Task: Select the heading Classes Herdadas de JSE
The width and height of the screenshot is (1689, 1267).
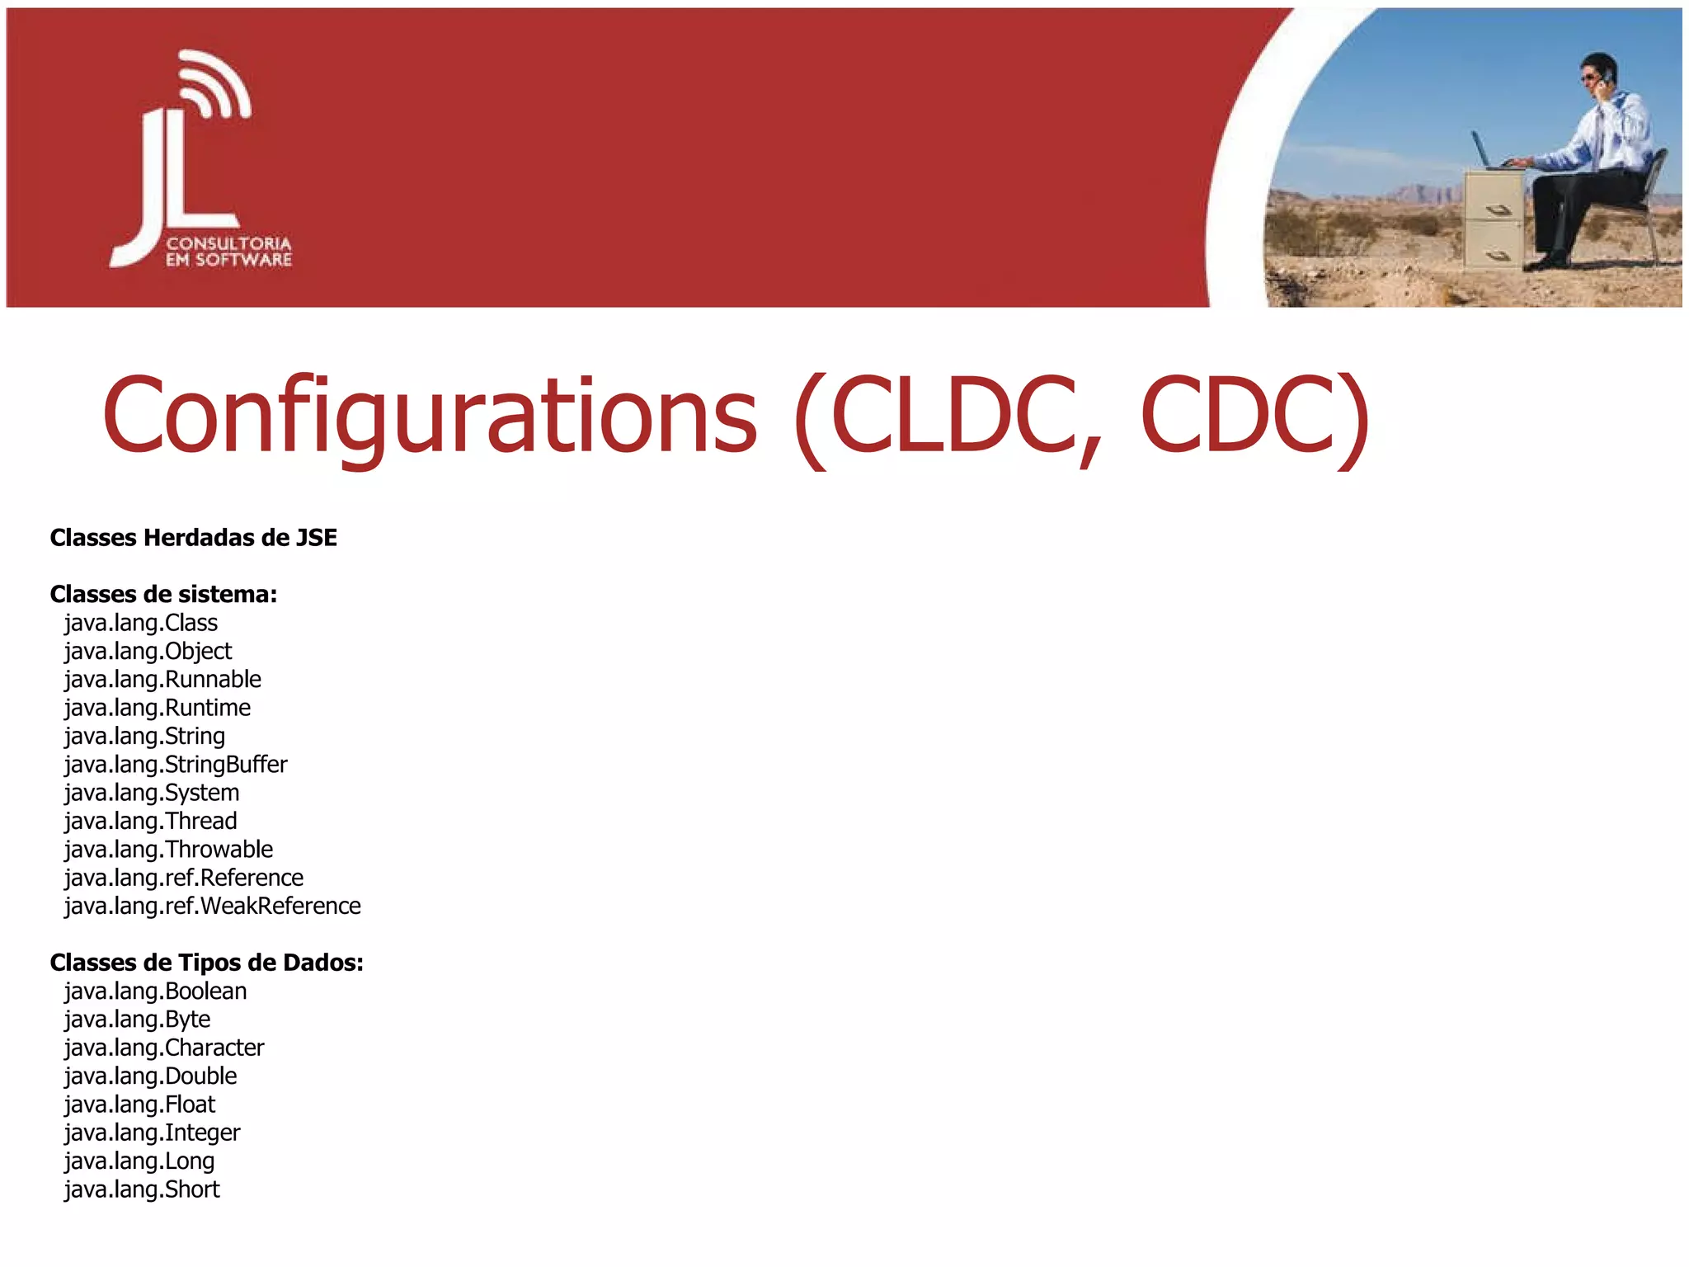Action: click(x=194, y=538)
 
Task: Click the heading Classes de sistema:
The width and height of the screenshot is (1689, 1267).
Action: click(x=163, y=594)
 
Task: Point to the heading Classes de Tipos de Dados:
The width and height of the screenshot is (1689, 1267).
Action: click(x=206, y=963)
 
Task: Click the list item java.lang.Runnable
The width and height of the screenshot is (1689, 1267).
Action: click(x=162, y=680)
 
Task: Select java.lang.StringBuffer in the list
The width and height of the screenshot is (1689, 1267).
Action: click(x=176, y=765)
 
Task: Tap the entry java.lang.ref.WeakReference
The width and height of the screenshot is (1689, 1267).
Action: click(x=213, y=907)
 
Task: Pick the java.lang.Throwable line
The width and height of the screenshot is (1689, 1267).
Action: click(x=168, y=850)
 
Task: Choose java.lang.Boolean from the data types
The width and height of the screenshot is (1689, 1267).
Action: click(x=155, y=991)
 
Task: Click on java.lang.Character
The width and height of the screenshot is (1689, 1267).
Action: click(x=164, y=1048)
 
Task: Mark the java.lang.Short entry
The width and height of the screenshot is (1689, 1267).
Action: click(x=142, y=1189)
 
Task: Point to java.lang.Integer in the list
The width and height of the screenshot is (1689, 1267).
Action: click(x=153, y=1133)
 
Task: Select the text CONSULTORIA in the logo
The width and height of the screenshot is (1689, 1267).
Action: click(x=228, y=244)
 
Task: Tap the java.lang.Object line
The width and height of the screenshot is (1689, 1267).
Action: click(x=148, y=652)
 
